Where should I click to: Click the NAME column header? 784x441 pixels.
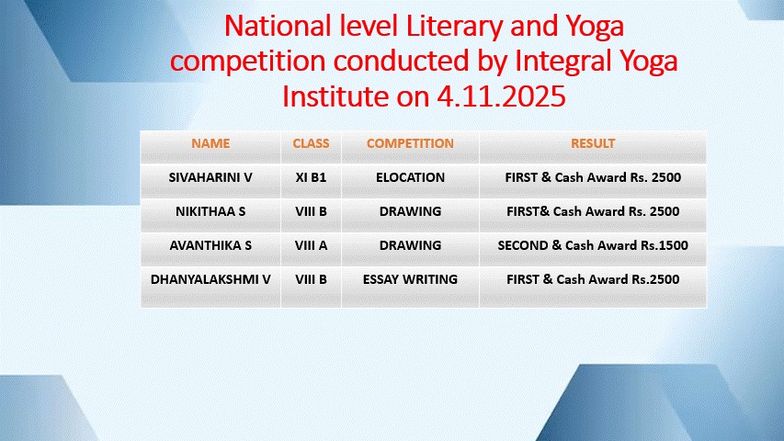210,143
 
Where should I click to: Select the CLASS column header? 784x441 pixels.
311,143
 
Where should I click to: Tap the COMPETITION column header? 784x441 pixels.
410,143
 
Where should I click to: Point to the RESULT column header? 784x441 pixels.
593,143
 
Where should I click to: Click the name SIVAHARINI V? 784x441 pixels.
210,177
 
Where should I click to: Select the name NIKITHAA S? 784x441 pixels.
210,211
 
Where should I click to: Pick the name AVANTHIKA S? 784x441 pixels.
210,245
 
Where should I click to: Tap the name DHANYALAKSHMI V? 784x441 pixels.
210,279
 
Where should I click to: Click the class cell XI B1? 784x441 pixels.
311,177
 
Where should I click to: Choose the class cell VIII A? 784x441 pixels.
311,245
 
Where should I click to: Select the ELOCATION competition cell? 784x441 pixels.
410,177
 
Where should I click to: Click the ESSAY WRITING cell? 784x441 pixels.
410,279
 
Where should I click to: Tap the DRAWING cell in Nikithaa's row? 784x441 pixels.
410,211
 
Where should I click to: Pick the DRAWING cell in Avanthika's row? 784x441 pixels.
410,245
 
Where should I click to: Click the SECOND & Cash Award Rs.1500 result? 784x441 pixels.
593,245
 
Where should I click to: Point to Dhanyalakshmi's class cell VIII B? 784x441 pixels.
311,279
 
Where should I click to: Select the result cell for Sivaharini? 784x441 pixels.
593,177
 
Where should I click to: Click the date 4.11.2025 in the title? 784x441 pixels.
502,96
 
